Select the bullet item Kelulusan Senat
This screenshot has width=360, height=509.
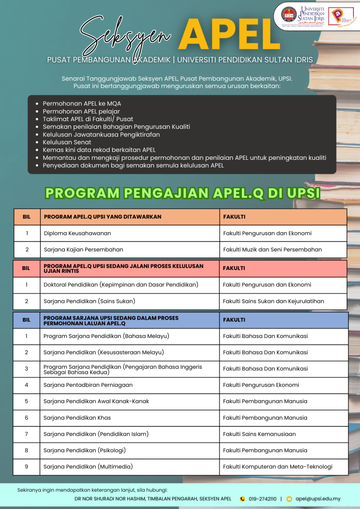point(67,142)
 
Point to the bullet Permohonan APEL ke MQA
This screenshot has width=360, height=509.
point(82,103)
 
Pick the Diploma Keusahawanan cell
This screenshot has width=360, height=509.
point(77,233)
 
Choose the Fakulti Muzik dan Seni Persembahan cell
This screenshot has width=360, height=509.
point(272,249)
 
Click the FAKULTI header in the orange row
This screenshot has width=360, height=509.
point(234,217)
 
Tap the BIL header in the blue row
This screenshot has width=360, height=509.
point(26,320)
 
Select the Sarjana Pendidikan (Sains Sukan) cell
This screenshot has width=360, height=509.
point(89,301)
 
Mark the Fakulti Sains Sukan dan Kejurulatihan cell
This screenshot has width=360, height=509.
point(273,301)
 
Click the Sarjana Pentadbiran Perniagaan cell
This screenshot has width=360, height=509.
point(88,385)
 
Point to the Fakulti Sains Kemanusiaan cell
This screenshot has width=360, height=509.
point(259,434)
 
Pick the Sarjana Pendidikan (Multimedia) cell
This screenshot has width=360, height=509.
point(88,466)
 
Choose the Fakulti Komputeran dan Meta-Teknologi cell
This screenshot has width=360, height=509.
point(277,466)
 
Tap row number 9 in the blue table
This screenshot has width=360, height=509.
point(26,466)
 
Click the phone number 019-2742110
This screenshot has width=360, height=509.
point(262,499)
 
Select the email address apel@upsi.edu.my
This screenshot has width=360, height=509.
point(317,499)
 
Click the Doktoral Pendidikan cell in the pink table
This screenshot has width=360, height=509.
point(121,284)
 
